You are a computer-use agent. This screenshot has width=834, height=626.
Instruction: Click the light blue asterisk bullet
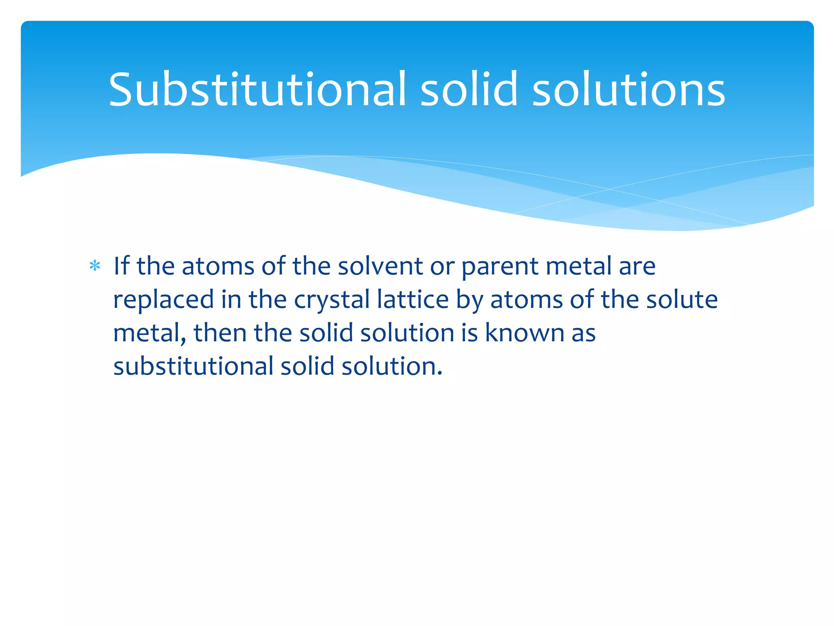(95, 266)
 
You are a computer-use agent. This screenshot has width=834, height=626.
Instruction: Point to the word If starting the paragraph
(121, 266)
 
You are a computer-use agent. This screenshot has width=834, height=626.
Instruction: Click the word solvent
(380, 266)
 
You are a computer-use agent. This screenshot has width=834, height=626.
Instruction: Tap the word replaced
(163, 300)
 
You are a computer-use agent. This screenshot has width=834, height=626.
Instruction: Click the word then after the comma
(220, 333)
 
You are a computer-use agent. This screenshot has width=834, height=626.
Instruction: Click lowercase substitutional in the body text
(193, 366)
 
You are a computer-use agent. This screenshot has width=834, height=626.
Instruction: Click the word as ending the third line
(584, 333)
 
